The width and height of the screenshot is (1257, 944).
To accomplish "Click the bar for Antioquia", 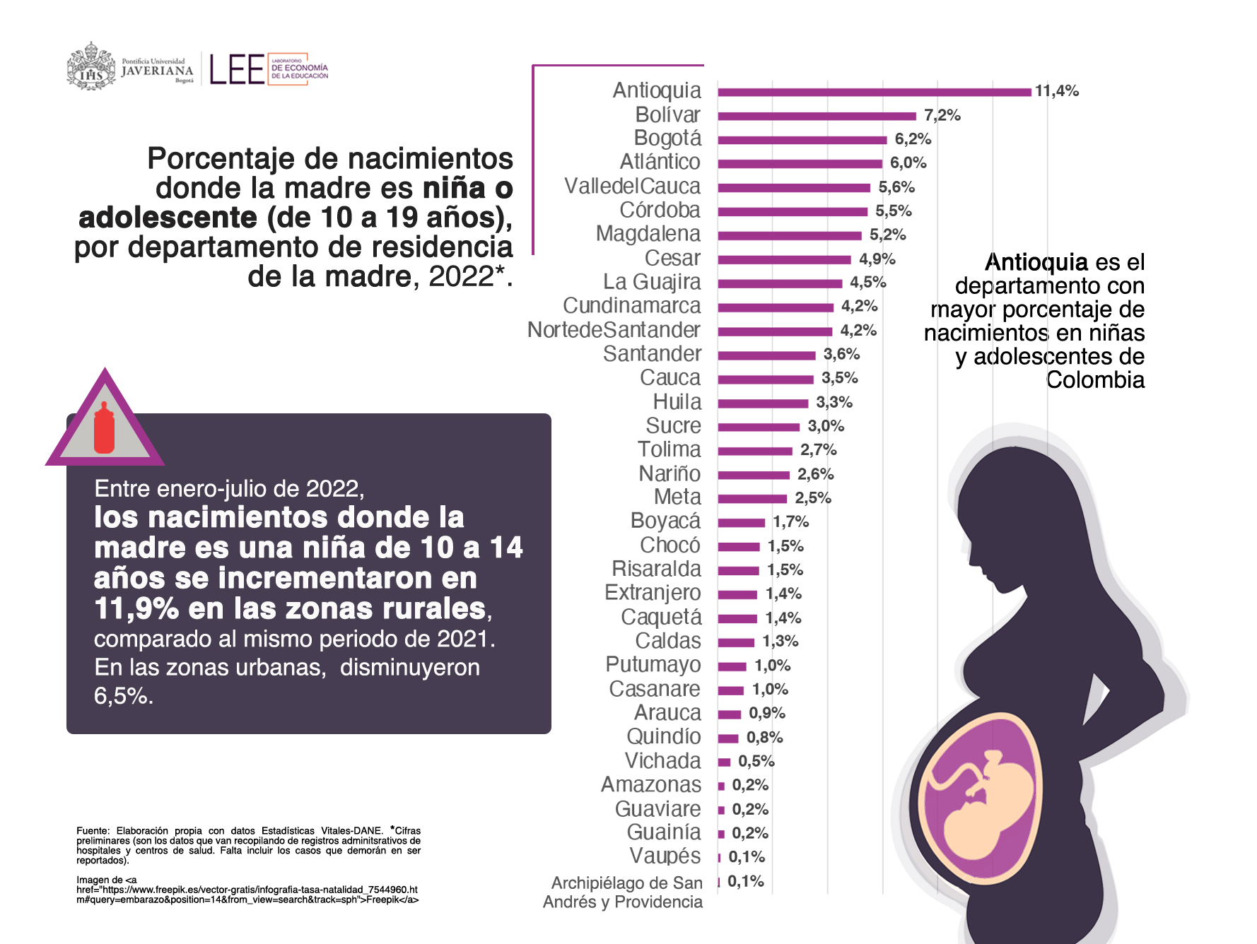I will [x=874, y=92].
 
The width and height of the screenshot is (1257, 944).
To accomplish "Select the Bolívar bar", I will [x=817, y=116].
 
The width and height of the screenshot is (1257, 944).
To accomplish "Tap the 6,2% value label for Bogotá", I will [x=913, y=139].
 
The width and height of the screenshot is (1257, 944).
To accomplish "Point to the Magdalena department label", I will [x=648, y=234].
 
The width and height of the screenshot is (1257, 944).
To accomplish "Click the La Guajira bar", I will [x=780, y=283].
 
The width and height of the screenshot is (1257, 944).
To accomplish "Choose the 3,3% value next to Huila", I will [x=834, y=403].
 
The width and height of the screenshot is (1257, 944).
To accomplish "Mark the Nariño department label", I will [x=670, y=473].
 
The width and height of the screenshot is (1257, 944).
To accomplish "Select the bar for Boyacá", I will [x=741, y=523].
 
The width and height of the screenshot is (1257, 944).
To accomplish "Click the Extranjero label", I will [x=653, y=593].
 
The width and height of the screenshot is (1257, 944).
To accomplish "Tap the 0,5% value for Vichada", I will [x=756, y=762].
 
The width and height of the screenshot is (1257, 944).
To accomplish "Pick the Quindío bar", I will [x=728, y=738].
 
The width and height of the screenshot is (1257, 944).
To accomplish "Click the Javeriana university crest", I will [x=91, y=68].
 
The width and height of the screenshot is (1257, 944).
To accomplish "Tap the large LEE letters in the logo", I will [x=237, y=70].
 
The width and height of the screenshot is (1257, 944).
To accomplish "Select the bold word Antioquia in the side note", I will [x=1036, y=263].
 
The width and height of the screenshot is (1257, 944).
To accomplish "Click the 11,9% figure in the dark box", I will [x=136, y=609].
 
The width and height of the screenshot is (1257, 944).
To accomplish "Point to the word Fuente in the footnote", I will [x=92, y=831].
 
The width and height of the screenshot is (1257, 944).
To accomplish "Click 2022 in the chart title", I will [x=460, y=277].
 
